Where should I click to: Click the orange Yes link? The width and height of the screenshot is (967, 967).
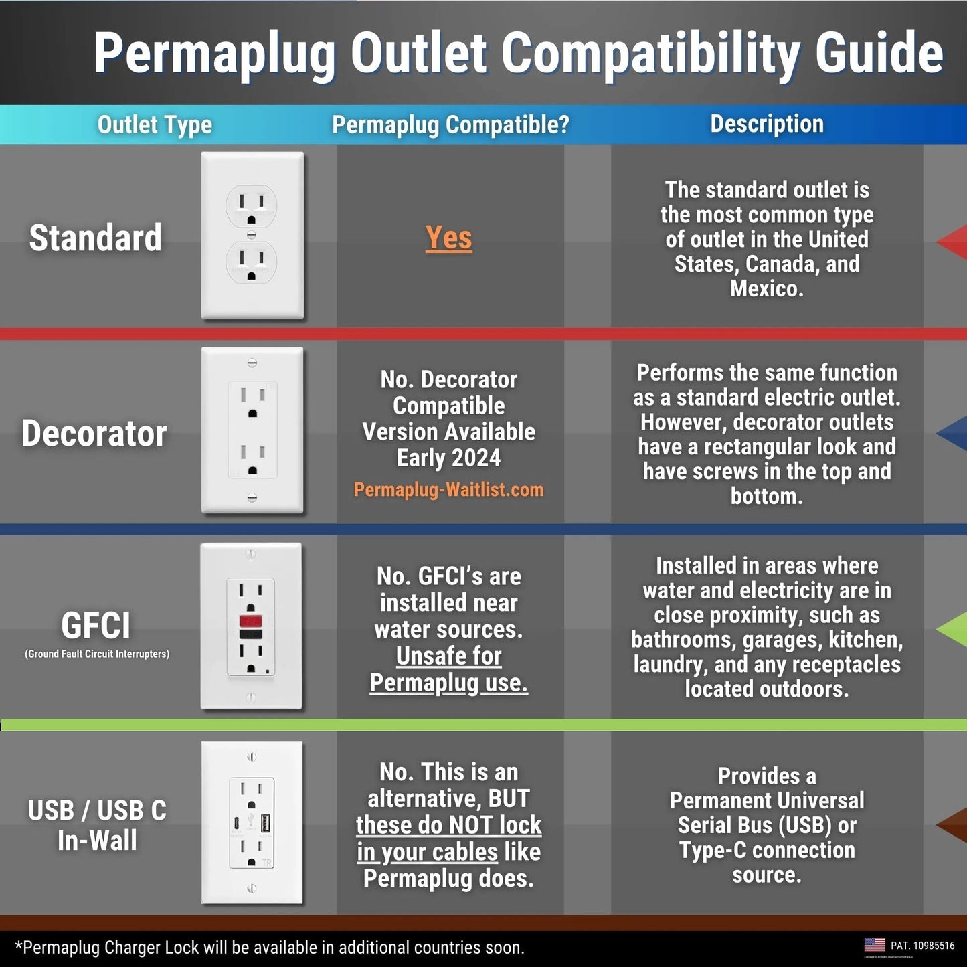coord(448,238)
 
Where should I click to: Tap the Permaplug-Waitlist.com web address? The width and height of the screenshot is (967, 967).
coord(448,489)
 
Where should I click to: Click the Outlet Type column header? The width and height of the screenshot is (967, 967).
coord(155,124)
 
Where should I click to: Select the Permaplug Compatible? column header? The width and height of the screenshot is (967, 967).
coord(450,124)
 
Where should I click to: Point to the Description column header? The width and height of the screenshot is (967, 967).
coord(767,124)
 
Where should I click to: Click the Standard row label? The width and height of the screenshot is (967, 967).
coord(96,238)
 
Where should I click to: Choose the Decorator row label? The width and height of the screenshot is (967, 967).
coord(94,433)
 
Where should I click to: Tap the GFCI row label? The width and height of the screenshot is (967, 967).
coord(96,626)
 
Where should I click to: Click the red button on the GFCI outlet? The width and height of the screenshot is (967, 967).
coord(251,620)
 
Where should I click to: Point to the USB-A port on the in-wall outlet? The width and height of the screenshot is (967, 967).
coord(265,822)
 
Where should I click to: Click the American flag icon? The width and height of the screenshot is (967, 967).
coord(874,945)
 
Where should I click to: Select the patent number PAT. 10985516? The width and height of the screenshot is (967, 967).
coord(922,946)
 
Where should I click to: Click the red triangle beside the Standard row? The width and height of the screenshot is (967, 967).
coord(954,241)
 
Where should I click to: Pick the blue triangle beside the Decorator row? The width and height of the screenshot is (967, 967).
coord(954,434)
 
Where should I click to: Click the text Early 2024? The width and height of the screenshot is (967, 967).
coord(448,458)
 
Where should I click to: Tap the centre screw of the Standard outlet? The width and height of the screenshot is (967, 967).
coord(252,234)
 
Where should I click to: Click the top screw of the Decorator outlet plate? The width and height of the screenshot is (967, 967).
coord(252,363)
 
